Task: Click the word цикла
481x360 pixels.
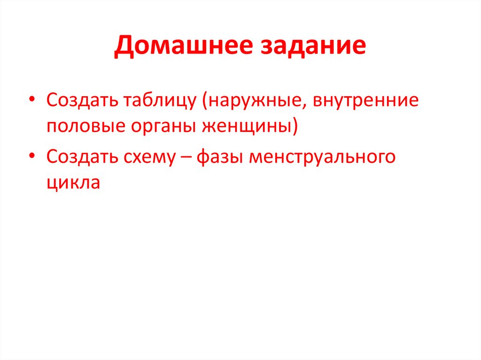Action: pos(73,183)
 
